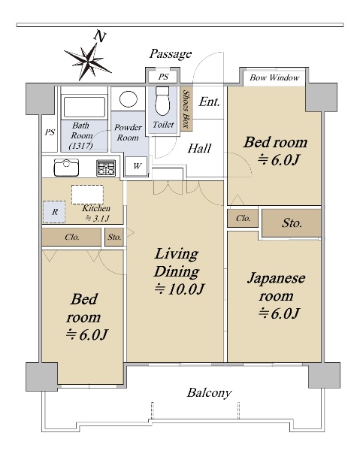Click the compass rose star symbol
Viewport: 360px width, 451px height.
point(87,61)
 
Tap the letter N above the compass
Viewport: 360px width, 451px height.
point(100,37)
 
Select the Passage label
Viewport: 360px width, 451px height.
point(170,54)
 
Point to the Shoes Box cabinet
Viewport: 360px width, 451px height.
point(186,109)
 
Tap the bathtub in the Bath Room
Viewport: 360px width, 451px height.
point(84,107)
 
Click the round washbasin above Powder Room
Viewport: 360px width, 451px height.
point(129,99)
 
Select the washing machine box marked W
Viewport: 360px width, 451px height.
point(137,166)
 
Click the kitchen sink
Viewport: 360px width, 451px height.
point(66,168)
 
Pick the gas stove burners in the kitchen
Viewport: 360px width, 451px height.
point(106,168)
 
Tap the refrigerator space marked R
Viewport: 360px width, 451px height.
point(54,212)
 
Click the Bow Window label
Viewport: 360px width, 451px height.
point(274,77)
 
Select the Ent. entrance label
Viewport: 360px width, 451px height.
point(210,101)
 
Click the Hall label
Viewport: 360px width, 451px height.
point(199,148)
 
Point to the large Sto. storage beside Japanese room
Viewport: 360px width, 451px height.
point(292,223)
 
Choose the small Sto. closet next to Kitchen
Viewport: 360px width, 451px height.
point(114,237)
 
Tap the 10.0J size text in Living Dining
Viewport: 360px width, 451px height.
point(180,289)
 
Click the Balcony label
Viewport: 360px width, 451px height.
point(209,393)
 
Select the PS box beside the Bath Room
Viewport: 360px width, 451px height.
point(50,132)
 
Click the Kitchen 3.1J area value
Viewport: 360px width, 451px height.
point(98,219)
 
